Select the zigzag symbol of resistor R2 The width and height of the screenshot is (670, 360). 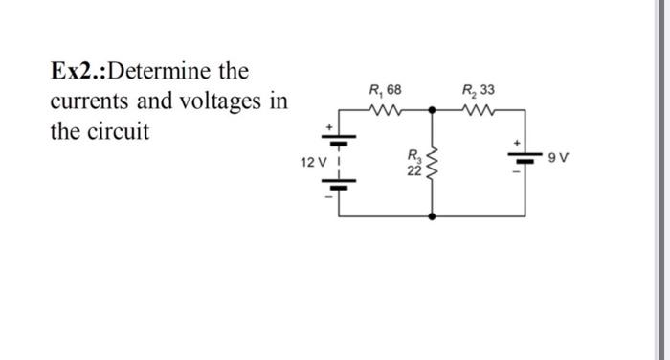(x=475, y=110)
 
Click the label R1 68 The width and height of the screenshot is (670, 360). (x=385, y=90)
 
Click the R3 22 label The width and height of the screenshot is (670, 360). (x=413, y=164)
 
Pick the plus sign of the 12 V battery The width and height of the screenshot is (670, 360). (x=330, y=126)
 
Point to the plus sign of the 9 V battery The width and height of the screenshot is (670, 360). (x=518, y=144)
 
